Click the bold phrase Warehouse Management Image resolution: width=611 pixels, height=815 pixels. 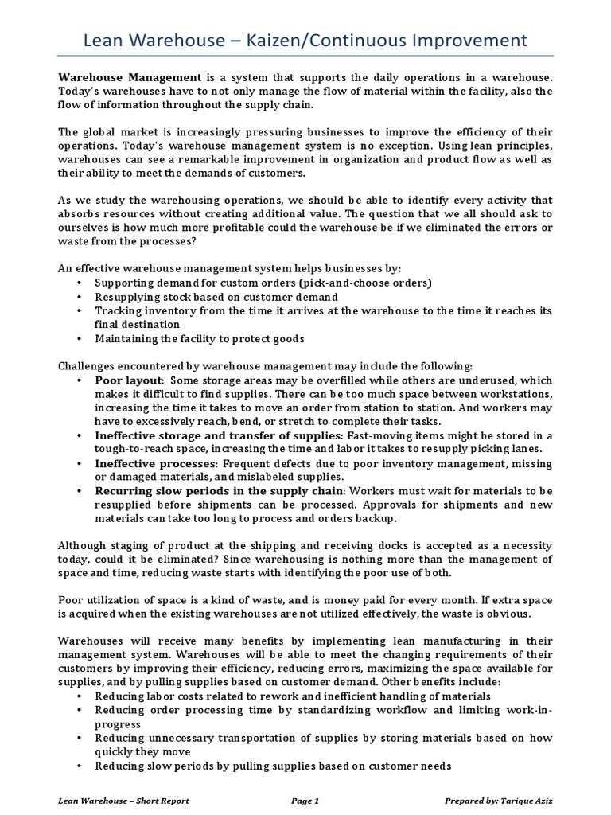130,77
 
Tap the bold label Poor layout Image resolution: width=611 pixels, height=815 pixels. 127,381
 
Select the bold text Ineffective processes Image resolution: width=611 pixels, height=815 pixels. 155,462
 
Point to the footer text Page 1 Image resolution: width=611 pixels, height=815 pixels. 305,801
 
